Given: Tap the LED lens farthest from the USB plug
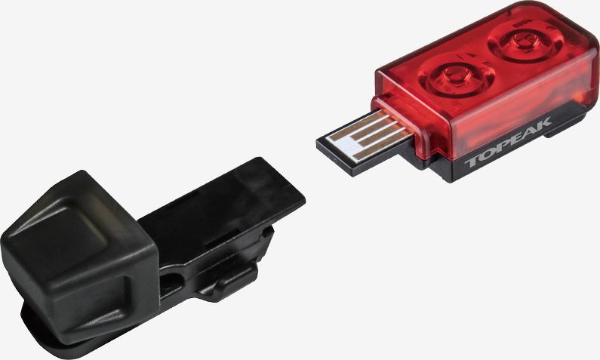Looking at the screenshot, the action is click(x=522, y=43).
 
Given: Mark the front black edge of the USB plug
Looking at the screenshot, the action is click(x=333, y=158).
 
